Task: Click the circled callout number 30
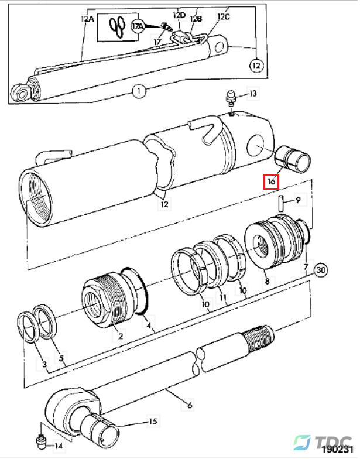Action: [x=321, y=269]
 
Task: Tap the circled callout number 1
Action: [x=139, y=91]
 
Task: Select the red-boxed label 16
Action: [x=272, y=181]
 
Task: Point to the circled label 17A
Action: [x=137, y=26]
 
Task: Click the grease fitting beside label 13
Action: [x=231, y=98]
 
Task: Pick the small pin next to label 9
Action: [x=280, y=203]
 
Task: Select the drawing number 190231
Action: [x=337, y=450]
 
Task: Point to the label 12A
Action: [x=87, y=19]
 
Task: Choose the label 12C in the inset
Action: [x=224, y=16]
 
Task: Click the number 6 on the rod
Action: [x=190, y=405]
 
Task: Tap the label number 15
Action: [x=153, y=422]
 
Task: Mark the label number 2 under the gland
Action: [x=121, y=335]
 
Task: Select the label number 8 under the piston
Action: [x=267, y=281]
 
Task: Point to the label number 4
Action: [x=149, y=325]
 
